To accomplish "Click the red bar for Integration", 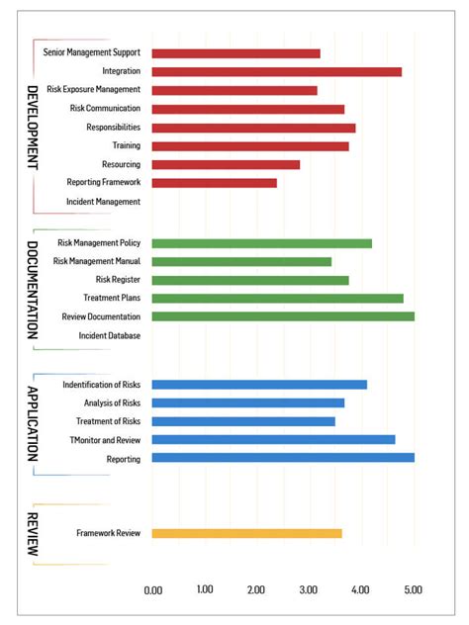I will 277,71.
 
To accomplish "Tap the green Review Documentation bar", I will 283,316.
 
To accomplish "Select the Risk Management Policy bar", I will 262,243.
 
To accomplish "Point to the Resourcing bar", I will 226,164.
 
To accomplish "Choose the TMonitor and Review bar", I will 273,439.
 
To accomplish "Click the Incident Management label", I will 104,202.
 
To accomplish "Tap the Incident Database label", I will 110,335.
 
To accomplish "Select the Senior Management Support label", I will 92,52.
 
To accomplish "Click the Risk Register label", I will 118,280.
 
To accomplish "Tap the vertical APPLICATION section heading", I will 33,422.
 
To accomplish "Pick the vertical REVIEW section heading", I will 33,534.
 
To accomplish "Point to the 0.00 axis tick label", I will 153,589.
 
